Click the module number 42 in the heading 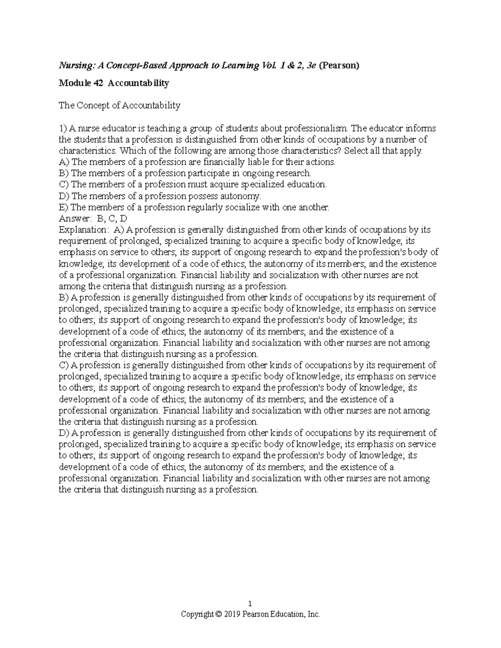(x=98, y=83)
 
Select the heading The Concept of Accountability (x=119, y=106)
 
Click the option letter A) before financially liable (x=64, y=162)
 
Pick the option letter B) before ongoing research (x=64, y=173)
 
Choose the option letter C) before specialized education (x=64, y=184)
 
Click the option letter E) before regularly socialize (x=64, y=207)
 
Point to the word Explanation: (x=83, y=229)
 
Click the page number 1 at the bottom (x=250, y=604)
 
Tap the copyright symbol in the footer (x=218, y=614)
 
